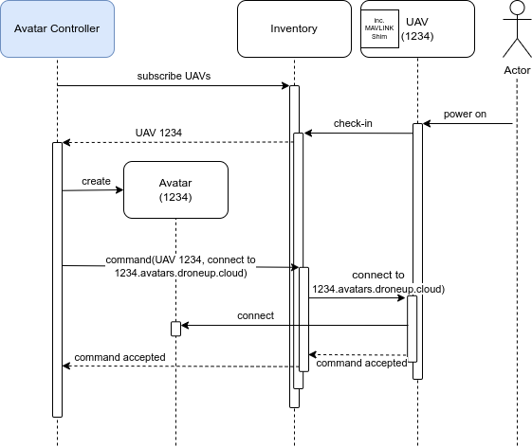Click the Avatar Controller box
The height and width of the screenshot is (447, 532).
57,28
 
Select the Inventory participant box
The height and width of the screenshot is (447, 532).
294,28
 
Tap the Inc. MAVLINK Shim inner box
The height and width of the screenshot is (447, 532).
379,28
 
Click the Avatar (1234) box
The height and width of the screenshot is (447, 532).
175,189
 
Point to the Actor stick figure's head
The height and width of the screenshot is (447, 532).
517,8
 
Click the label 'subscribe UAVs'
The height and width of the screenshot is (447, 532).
174,76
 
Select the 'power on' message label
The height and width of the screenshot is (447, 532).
465,115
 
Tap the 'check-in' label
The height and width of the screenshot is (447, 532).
353,123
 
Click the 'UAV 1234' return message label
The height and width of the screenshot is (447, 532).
158,133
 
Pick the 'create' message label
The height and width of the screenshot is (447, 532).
96,181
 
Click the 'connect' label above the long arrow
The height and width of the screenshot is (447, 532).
255,316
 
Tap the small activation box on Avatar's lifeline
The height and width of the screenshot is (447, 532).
175,329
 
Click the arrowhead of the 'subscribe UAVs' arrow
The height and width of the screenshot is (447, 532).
286,86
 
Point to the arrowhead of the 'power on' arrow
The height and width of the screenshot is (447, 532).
427,124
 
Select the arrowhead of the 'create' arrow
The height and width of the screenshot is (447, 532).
119,189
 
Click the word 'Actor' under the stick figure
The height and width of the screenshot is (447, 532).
517,70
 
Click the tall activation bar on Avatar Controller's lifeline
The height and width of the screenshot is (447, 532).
57,279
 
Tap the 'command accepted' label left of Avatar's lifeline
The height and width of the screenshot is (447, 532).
119,358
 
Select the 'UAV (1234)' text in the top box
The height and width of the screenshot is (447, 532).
417,28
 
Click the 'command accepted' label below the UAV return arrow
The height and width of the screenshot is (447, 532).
361,364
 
